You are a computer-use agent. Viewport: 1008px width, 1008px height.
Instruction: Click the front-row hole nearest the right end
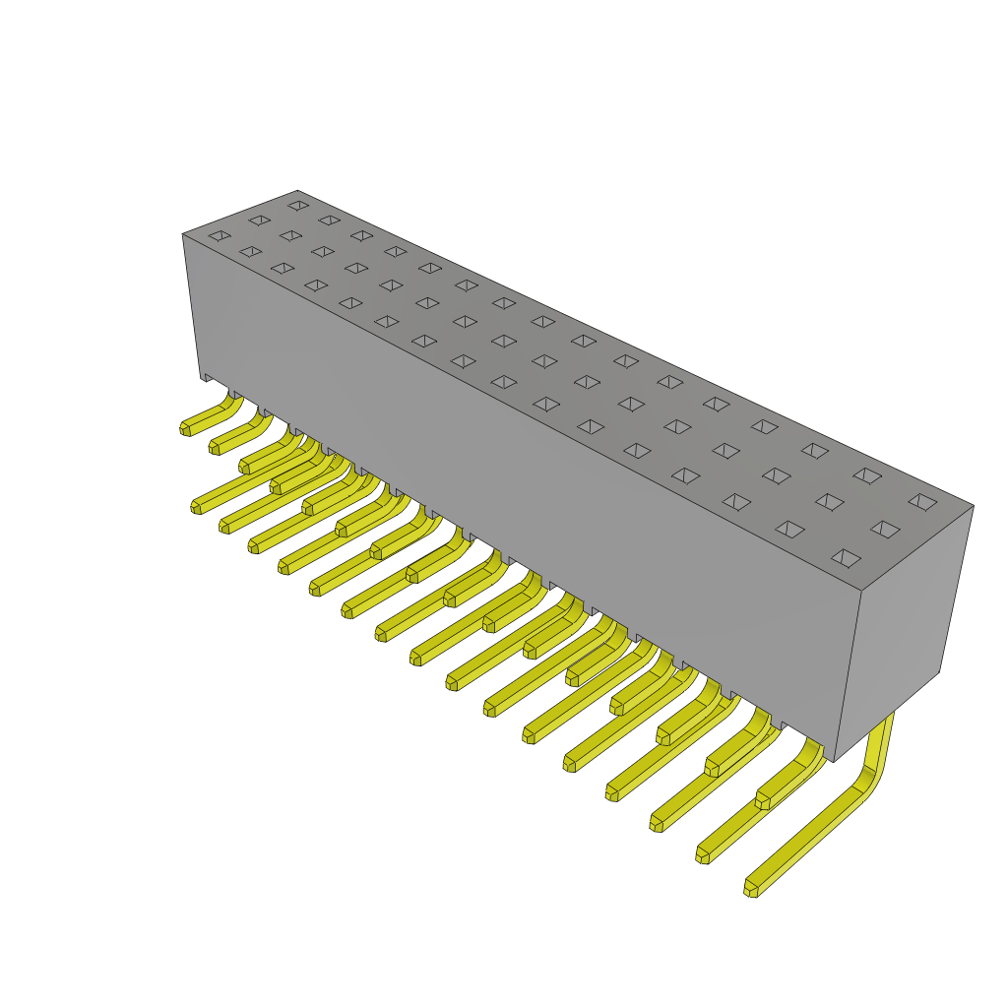pos(846,558)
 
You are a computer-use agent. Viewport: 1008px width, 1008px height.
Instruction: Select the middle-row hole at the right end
pos(885,530)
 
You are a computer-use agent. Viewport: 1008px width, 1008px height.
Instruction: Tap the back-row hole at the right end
pos(922,502)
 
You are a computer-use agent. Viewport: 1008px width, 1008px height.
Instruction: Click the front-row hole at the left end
pos(220,235)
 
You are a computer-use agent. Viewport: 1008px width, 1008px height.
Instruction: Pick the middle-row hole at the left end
pos(260,220)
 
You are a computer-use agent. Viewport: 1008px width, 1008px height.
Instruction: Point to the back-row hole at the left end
pos(298,206)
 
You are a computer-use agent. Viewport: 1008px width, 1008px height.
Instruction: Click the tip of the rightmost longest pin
pos(751,889)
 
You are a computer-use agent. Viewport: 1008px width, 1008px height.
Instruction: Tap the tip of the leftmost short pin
pos(185,429)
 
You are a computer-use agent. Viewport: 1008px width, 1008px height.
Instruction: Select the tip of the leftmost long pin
pos(196,507)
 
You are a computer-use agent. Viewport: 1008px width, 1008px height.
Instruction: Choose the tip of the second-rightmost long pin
pos(703,855)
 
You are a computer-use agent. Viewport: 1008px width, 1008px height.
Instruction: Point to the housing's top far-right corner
pos(973,506)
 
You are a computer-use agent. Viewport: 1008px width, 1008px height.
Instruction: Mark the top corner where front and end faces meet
pos(861,591)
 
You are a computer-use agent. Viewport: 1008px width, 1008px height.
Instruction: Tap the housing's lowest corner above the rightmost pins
pos(834,761)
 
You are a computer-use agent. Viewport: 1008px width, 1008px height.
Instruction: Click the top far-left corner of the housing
pos(297,191)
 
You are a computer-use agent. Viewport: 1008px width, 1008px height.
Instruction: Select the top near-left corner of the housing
pos(183,234)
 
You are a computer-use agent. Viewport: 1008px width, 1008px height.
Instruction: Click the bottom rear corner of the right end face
pos(939,672)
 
